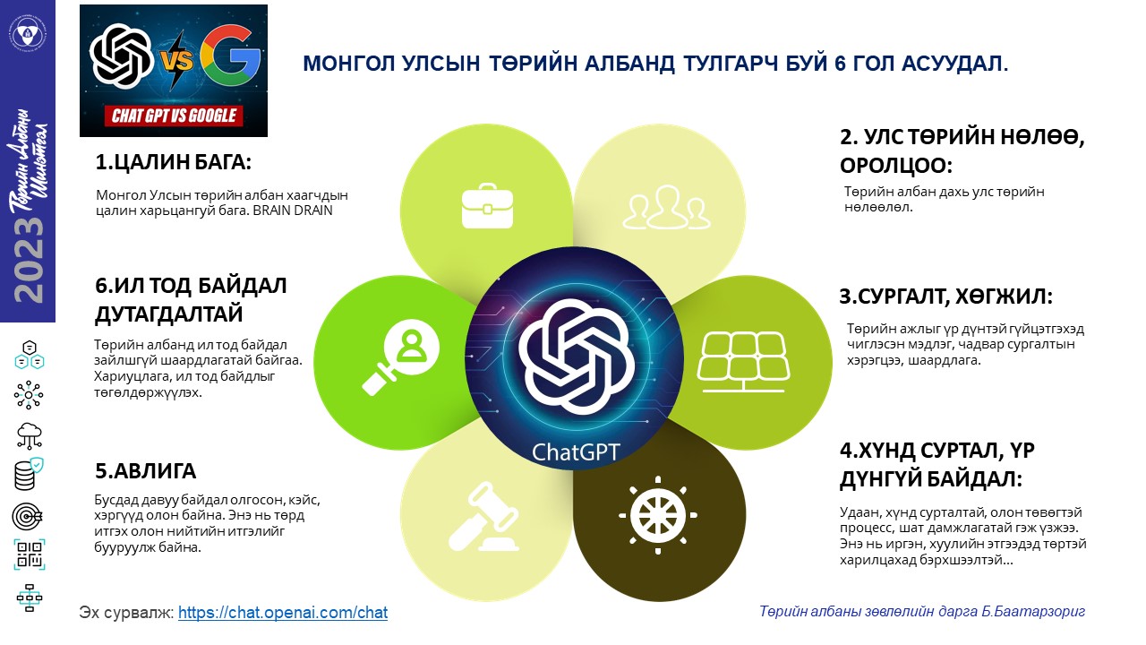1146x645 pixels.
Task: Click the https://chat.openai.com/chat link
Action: pos(283,612)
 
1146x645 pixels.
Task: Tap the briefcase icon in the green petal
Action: pos(487,206)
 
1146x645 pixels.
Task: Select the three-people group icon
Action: pos(667,207)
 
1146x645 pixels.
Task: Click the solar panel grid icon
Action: pos(743,362)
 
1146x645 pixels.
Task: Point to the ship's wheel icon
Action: pos(658,515)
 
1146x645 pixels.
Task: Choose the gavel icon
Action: pos(483,517)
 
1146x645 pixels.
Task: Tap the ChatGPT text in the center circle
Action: pos(576,452)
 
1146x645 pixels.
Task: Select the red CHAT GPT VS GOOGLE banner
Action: pos(174,116)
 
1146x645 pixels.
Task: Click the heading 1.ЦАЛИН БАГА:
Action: pos(174,162)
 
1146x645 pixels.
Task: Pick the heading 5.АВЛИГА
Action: pos(145,471)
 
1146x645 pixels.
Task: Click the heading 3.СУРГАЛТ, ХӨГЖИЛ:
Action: pos(946,297)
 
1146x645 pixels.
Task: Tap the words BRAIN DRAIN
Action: pos(293,211)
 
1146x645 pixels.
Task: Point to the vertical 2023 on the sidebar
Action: pos(29,260)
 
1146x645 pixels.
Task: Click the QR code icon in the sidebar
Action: pos(30,555)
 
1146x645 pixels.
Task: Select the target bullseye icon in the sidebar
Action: pos(27,517)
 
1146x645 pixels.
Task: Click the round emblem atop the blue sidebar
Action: pos(28,34)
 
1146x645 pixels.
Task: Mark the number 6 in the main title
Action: pos(840,64)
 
